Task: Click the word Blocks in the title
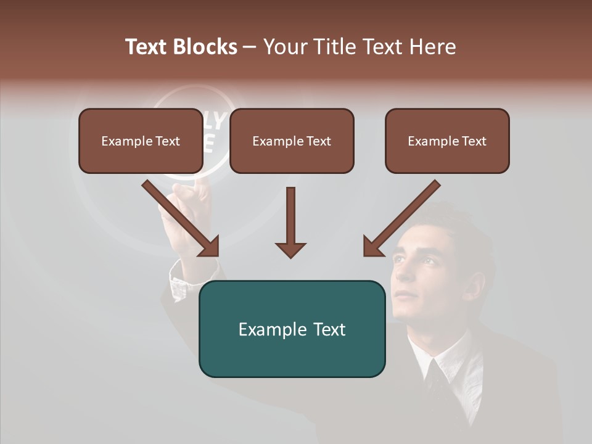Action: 205,47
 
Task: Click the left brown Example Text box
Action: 141,141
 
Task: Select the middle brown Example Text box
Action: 292,141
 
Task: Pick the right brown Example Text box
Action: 447,141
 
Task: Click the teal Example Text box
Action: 292,329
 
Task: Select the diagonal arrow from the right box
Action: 401,218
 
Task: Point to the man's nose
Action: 400,276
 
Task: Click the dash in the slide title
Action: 250,47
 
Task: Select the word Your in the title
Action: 285,47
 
